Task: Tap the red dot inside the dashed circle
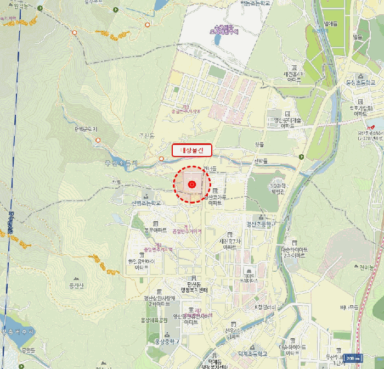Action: coord(192,185)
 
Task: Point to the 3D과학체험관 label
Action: coord(277,189)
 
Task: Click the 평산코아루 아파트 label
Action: coord(216,199)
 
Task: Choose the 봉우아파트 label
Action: coord(155,230)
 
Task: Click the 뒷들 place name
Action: coord(259,144)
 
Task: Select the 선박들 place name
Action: coord(261,160)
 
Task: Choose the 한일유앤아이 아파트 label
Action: coord(142,265)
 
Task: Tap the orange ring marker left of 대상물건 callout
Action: coord(161,159)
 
